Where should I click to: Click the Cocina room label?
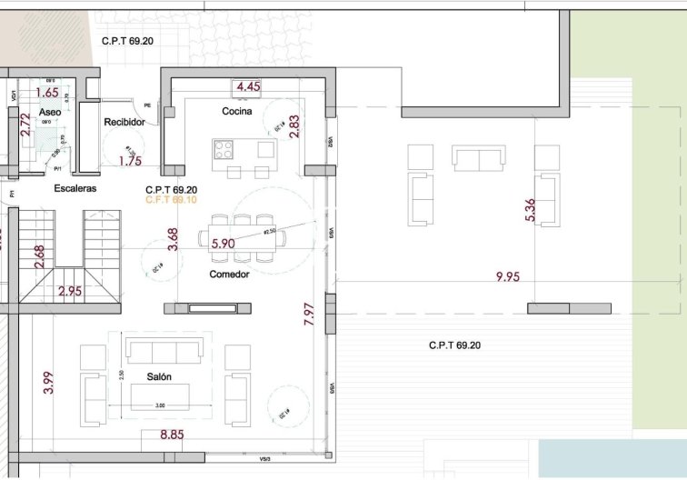tap(236, 111)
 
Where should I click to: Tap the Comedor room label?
tap(230, 274)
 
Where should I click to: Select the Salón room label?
tap(160, 376)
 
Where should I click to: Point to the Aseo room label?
tap(50, 111)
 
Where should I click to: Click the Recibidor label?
tap(124, 121)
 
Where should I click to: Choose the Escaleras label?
tap(75, 188)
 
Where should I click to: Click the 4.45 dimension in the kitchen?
tap(249, 87)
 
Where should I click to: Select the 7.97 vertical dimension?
tap(309, 315)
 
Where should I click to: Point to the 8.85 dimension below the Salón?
tap(172, 435)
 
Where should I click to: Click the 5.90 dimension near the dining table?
tap(223, 244)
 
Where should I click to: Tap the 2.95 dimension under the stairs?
tap(70, 292)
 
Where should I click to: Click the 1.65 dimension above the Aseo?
tap(46, 92)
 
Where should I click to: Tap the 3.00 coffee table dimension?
tap(160, 405)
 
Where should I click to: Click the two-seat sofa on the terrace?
tap(480, 159)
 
